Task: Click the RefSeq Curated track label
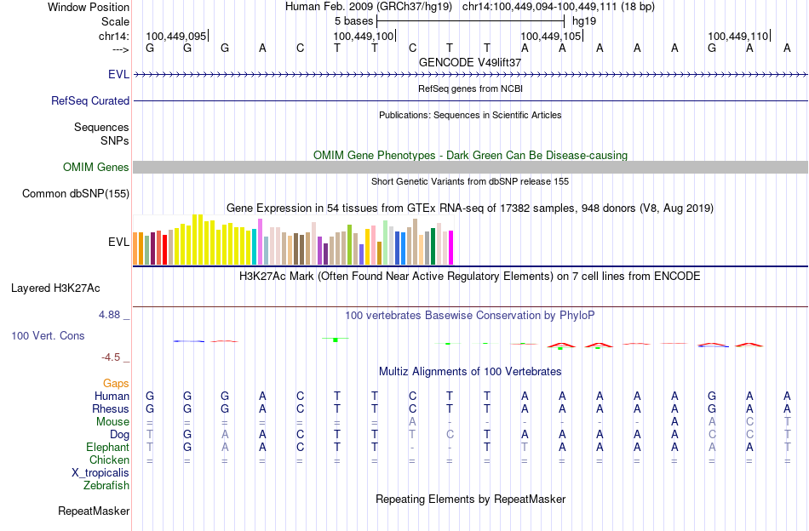[x=90, y=100]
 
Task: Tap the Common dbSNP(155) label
[x=75, y=194]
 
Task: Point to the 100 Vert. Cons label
[x=48, y=336]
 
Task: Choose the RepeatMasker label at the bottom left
[x=94, y=511]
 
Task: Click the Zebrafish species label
[x=106, y=486]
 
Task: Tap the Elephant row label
[x=107, y=448]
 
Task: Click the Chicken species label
[x=109, y=460]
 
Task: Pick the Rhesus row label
[x=111, y=409]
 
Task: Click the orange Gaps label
[x=116, y=384]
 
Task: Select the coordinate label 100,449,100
[x=364, y=37]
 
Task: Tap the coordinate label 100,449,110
[x=737, y=37]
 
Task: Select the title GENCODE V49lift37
[x=470, y=63]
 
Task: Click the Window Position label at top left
[x=89, y=7]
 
